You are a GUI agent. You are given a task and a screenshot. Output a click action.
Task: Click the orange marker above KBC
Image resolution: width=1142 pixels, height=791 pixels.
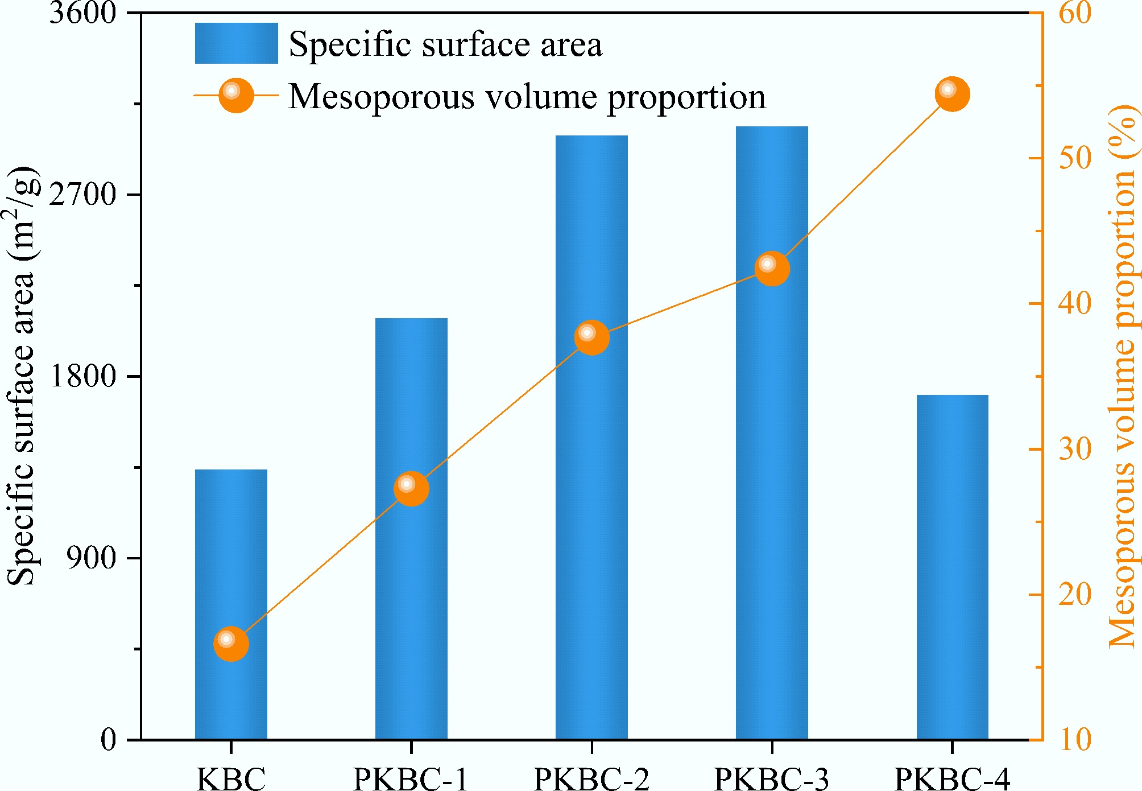coord(231,643)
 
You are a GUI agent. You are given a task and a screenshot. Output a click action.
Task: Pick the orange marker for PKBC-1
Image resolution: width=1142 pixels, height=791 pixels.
coord(411,488)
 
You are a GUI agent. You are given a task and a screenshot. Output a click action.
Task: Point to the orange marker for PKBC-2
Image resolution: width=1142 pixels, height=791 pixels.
coord(591,337)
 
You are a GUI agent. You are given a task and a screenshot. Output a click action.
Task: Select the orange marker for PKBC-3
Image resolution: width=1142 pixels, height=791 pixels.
coord(772,268)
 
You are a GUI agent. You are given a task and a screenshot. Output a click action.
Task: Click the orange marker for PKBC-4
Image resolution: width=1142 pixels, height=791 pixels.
coord(952,94)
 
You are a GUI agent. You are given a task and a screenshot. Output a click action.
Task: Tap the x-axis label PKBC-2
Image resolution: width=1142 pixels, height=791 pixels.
coord(591,777)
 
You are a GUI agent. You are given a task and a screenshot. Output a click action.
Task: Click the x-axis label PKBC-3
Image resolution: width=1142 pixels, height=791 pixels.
coord(772,777)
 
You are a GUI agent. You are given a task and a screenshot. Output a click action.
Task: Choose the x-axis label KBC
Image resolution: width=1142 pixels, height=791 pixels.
coord(231,777)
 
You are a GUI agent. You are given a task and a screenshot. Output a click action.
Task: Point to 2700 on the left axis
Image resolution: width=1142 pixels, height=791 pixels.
coord(83,195)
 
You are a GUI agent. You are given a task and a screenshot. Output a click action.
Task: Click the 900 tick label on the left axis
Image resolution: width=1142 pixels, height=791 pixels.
coord(91,558)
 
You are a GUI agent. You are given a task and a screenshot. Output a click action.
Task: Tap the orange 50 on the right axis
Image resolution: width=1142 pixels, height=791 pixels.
coord(1075,158)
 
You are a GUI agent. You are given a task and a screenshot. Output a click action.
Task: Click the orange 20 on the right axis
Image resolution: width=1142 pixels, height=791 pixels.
coord(1075,595)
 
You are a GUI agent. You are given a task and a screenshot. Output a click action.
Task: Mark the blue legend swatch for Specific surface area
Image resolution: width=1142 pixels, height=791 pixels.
coord(236,43)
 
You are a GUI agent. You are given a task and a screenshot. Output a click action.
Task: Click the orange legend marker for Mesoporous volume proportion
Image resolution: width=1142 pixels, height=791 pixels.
coord(236,96)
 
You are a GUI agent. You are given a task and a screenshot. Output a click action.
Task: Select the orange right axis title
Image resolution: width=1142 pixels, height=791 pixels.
coord(1123,376)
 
